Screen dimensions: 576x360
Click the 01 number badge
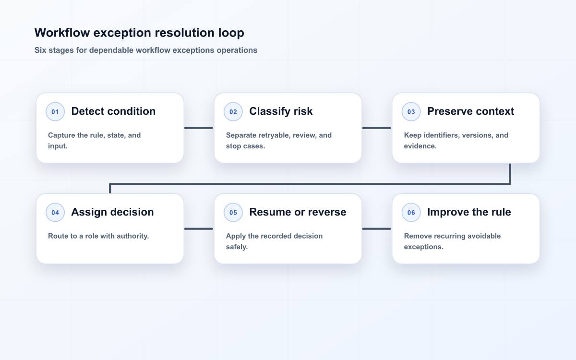coord(55,111)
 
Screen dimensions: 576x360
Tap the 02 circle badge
coord(233,111)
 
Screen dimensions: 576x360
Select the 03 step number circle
coord(411,111)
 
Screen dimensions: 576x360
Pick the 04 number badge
coord(55,212)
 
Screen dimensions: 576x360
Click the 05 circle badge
coord(233,212)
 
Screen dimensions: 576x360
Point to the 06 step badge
coord(411,212)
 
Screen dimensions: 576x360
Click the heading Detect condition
coord(113,111)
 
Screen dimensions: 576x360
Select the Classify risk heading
coord(281,111)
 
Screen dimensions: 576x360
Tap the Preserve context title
coord(470,111)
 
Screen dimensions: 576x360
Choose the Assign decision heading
coord(112,212)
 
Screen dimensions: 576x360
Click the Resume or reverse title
coord(298,212)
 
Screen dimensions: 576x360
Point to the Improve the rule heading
coord(469,212)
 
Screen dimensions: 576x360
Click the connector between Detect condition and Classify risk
coord(199,128)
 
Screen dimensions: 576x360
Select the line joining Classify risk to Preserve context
coord(377,128)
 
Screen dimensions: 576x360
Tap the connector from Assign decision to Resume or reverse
coord(199,228)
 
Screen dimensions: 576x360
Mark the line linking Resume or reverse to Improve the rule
coord(377,228)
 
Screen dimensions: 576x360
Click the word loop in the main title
coord(231,33)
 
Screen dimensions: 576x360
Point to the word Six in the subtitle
coord(40,50)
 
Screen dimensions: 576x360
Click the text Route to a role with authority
coord(98,236)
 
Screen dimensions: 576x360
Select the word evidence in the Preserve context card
coord(420,146)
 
